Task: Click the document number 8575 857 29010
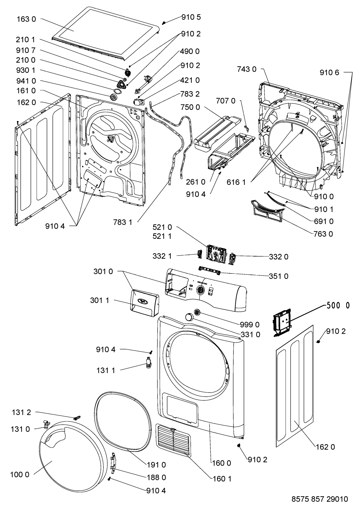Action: pyautogui.click(x=319, y=499)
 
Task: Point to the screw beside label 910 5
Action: pyautogui.click(x=164, y=23)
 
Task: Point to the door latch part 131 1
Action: pyautogui.click(x=149, y=363)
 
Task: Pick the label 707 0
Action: pyautogui.click(x=226, y=101)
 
